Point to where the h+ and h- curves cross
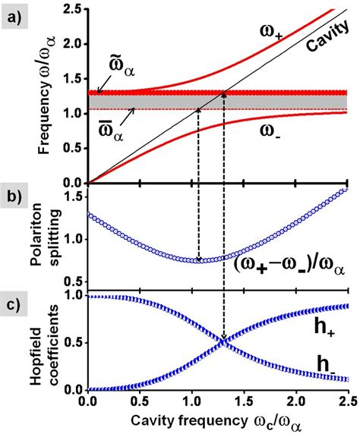coord(224,341)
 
